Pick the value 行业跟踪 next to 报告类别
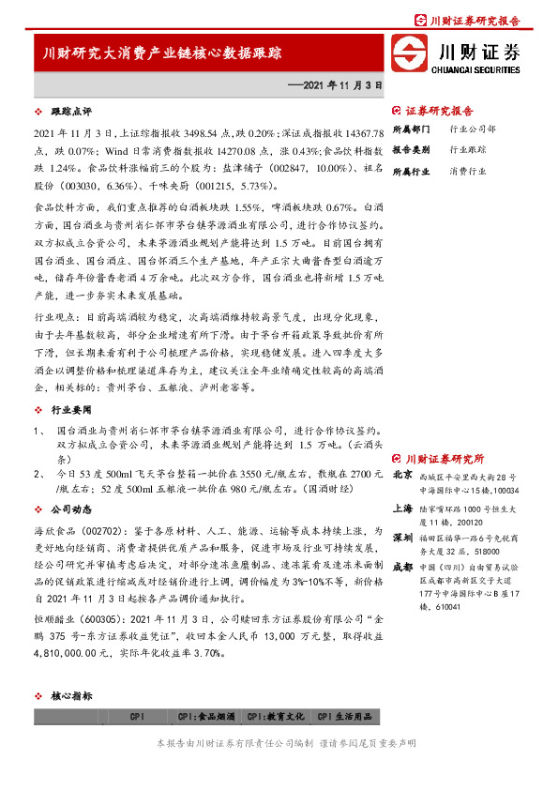tap(468, 149)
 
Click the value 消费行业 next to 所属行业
tap(468, 172)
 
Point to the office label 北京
tap(401, 476)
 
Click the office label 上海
tap(401, 507)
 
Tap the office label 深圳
tap(401, 538)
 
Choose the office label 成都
tap(401, 567)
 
